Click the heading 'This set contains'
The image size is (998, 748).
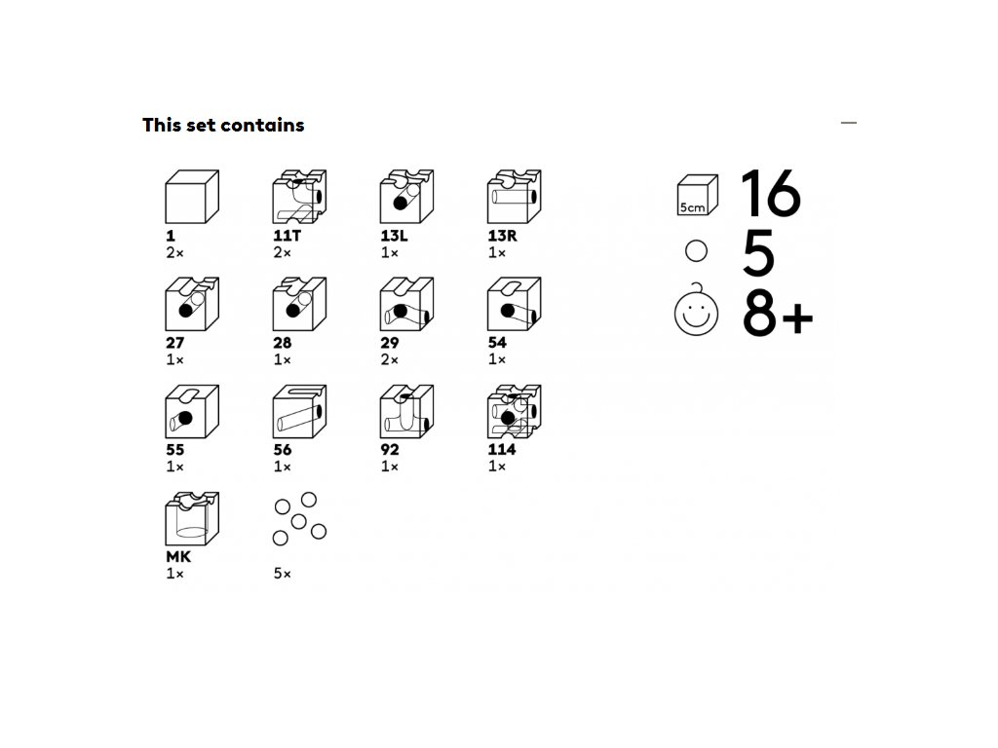coord(223,125)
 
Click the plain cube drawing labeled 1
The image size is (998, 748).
coord(192,197)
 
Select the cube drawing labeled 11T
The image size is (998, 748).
coord(299,197)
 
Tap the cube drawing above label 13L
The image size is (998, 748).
coord(406,197)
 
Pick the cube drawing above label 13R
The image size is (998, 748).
coord(515,197)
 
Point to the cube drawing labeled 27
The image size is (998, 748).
coord(192,304)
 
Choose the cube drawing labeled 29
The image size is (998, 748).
coord(406,304)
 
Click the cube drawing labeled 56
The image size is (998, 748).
coord(299,412)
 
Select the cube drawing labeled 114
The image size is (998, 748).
coord(515,412)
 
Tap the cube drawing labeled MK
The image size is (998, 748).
coord(192,518)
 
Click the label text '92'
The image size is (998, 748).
coord(390,450)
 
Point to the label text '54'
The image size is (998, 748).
coord(497,342)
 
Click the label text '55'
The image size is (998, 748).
coord(175,450)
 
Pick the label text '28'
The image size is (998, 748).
coord(283,343)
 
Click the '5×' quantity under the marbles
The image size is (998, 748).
coord(283,573)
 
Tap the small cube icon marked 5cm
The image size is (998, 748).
coord(697,195)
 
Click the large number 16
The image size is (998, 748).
coord(771,194)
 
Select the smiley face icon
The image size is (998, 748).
coord(696,312)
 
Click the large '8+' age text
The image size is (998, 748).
coord(778,315)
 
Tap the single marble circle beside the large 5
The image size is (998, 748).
coord(696,251)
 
